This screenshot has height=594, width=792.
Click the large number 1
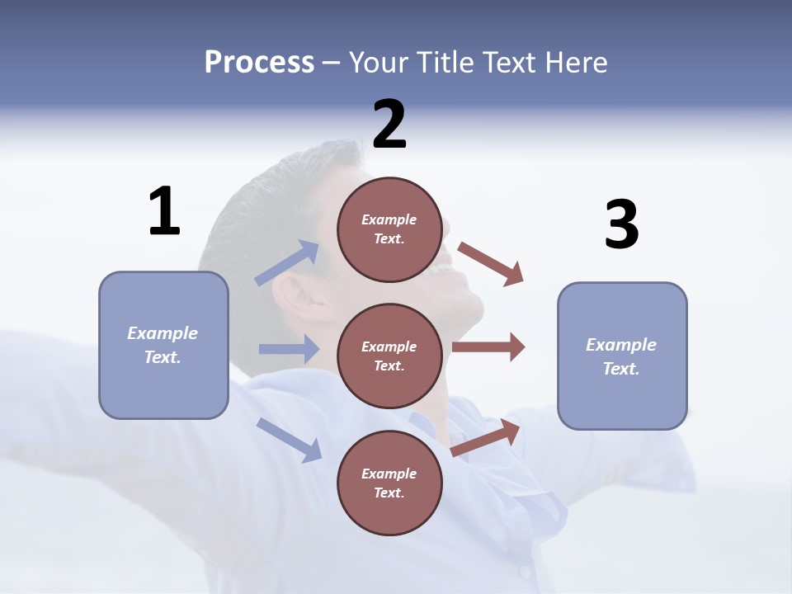[164, 211]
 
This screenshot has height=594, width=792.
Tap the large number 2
[389, 125]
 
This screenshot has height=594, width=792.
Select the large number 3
[621, 224]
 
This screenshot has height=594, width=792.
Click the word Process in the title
[259, 62]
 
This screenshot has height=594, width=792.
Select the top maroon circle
[389, 229]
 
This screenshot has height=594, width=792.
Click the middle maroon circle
[389, 356]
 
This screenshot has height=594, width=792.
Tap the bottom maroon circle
[389, 483]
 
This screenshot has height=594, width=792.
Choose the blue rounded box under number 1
[163, 345]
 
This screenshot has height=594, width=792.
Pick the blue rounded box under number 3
[621, 356]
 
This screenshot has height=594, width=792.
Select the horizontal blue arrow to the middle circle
[289, 349]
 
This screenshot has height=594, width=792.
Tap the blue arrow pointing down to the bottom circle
[290, 439]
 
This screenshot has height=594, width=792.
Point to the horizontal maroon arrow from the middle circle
[488, 347]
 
